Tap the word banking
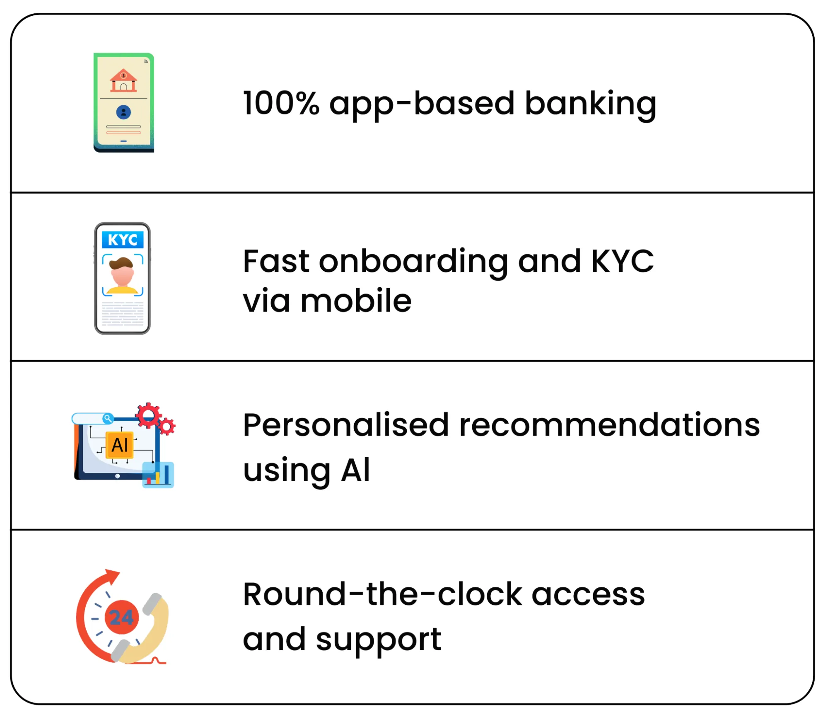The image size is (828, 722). pos(590,104)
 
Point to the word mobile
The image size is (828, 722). pos(356,301)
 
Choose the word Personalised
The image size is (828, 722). pos(346,425)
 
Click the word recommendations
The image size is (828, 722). pos(609,425)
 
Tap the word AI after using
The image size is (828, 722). pos(355,470)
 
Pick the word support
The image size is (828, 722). pos(379,640)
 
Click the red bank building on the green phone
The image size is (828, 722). pos(123,80)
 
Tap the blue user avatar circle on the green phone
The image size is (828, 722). pos(123,112)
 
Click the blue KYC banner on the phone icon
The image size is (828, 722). pos(123,240)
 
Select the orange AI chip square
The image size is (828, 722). pos(120,445)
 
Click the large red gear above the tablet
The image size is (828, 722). pos(148,415)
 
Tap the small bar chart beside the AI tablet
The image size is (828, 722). pos(158,475)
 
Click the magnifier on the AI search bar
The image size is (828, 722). pos(108,418)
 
